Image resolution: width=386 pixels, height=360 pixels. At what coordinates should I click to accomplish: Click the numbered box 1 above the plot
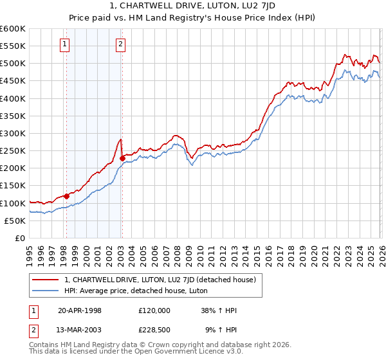[x=66, y=44]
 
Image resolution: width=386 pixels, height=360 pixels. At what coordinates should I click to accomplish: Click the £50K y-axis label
[x=15, y=221]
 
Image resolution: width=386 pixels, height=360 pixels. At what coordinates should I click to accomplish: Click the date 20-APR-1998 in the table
[x=80, y=310]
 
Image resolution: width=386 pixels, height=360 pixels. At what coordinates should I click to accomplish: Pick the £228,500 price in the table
[x=154, y=331]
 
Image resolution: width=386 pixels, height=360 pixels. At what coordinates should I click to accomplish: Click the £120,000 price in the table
[x=154, y=310]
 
